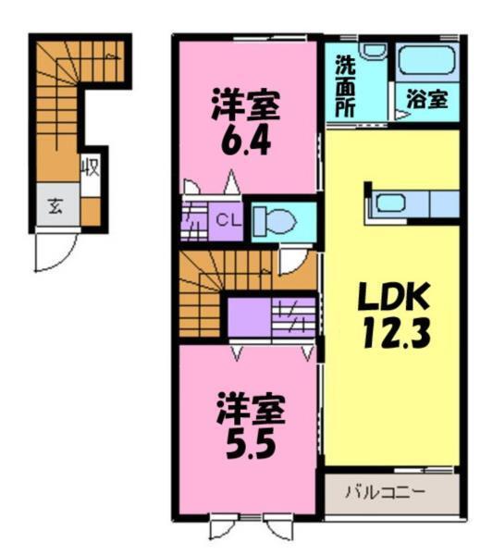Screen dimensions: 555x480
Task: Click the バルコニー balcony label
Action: [386, 491]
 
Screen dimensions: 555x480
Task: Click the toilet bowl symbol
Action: [275, 221]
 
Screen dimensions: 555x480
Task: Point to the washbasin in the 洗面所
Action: [373, 51]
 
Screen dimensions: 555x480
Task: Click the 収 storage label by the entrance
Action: [90, 169]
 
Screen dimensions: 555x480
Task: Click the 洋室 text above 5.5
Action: [251, 407]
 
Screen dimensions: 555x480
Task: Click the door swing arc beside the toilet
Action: [294, 260]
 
